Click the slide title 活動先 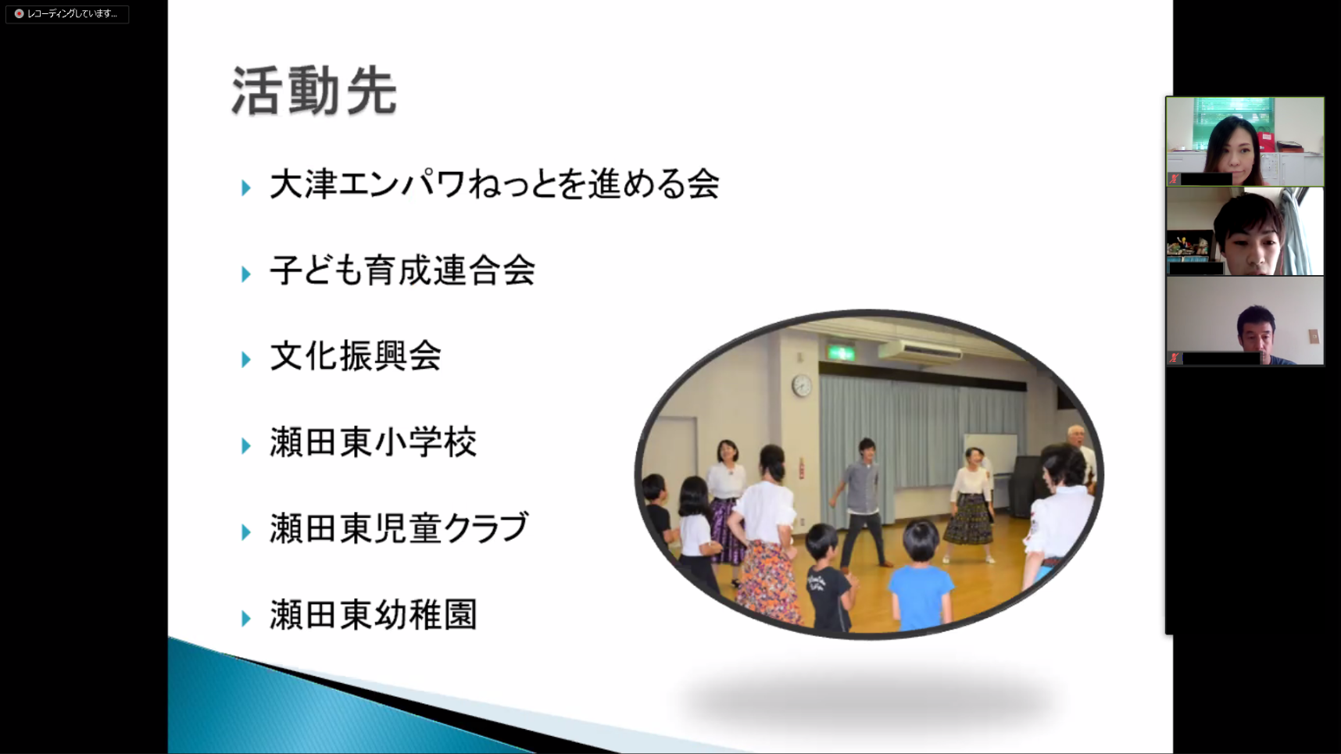click(x=315, y=91)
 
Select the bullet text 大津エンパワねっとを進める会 click(x=495, y=185)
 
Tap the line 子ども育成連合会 click(x=402, y=271)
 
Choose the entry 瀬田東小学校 click(x=373, y=443)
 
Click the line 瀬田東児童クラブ click(x=399, y=529)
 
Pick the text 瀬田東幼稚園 click(x=373, y=615)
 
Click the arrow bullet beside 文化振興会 click(x=246, y=359)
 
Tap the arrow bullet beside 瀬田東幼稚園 click(x=246, y=618)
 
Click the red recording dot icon click(x=19, y=14)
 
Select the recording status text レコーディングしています click(x=72, y=14)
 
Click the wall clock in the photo click(x=802, y=384)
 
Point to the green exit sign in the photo click(x=841, y=353)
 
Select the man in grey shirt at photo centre click(x=862, y=500)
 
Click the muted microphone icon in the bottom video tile click(x=1174, y=358)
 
